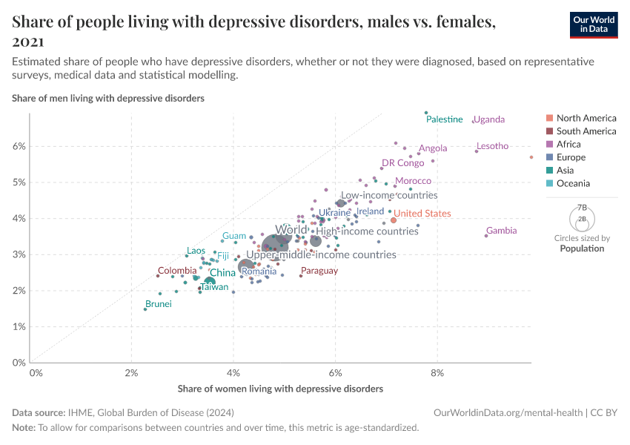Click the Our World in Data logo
(594, 25)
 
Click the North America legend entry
(586, 118)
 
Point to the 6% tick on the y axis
(19, 146)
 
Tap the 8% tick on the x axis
(438, 372)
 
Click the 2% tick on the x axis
(132, 372)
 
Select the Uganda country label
(488, 119)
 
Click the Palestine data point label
(444, 119)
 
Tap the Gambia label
(501, 231)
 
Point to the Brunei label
(158, 304)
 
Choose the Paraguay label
(319, 271)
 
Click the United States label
(422, 214)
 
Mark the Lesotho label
(492, 146)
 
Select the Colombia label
(177, 271)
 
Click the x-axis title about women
(280, 389)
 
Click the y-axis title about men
(108, 98)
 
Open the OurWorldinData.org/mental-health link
(508, 412)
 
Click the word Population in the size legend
(582, 248)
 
